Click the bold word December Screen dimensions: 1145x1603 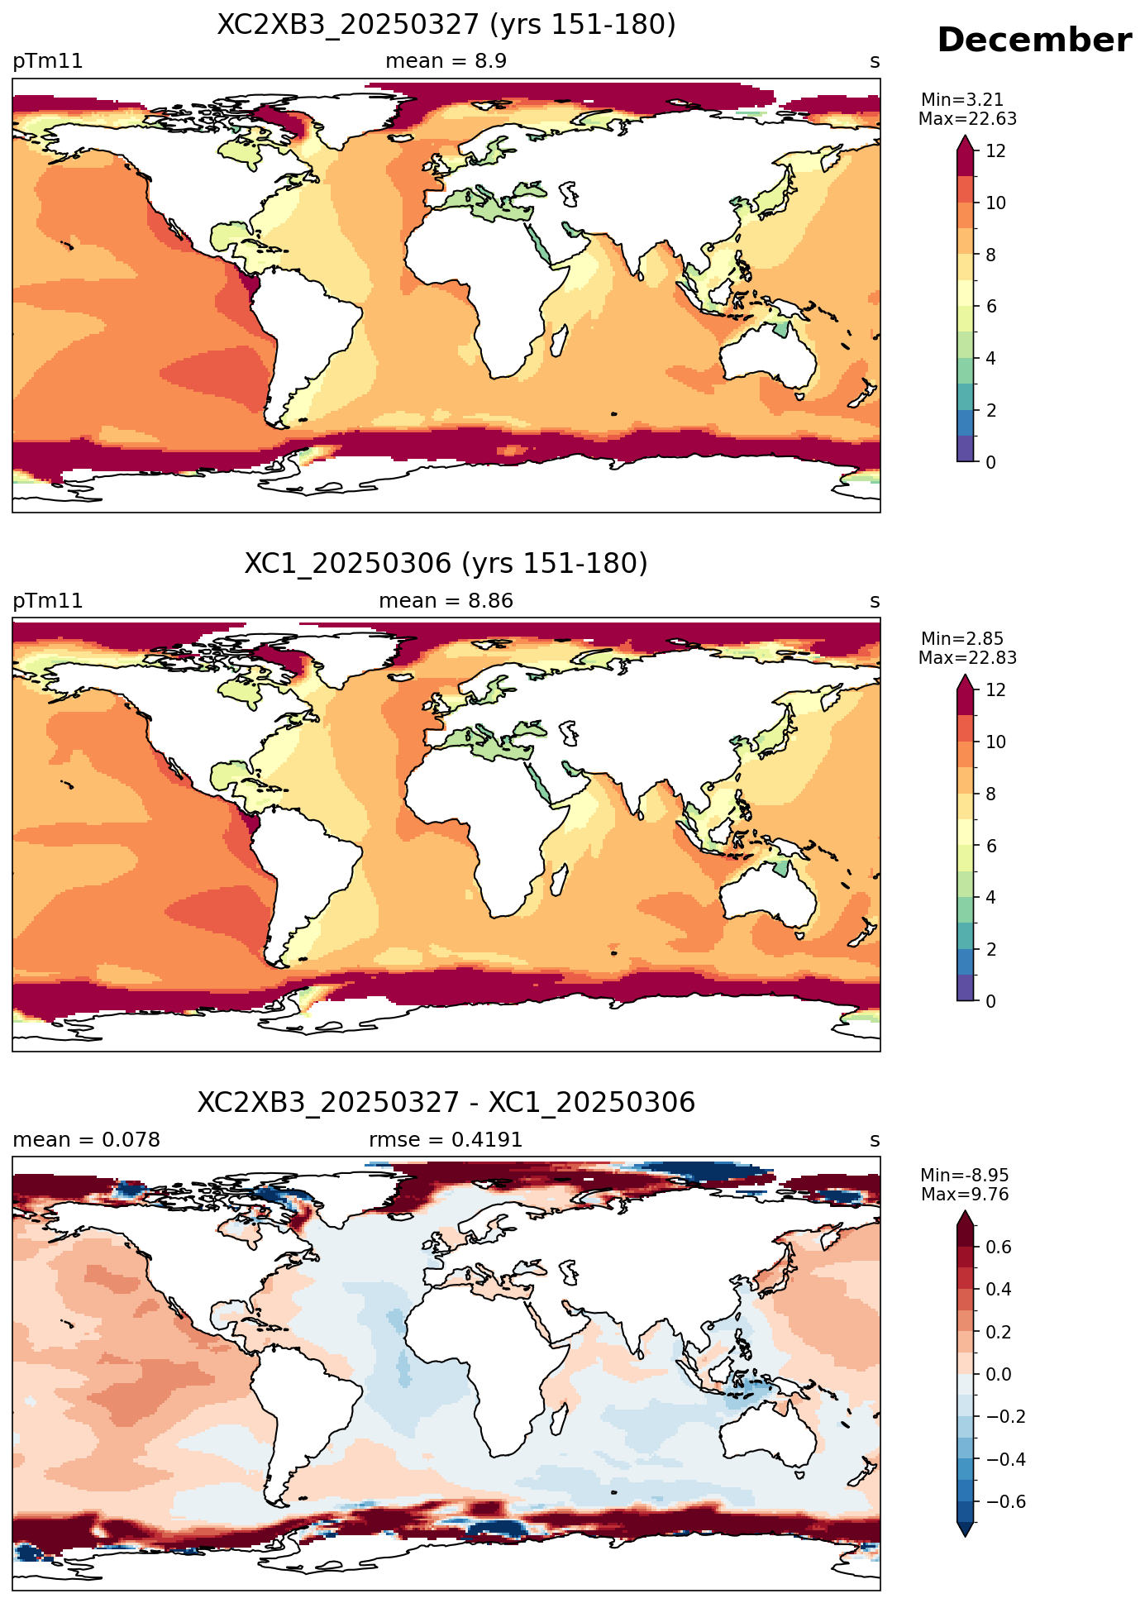click(1034, 41)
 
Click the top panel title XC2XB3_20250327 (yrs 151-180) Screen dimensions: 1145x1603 click(446, 25)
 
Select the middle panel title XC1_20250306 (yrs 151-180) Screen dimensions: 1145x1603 click(446, 564)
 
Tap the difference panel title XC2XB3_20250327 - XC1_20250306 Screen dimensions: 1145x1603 click(446, 1103)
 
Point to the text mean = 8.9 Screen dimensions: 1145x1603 click(446, 61)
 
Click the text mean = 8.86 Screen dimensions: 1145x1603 click(446, 601)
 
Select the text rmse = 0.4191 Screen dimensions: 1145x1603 click(446, 1140)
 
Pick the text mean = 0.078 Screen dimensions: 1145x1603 click(87, 1140)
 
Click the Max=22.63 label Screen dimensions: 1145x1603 click(967, 119)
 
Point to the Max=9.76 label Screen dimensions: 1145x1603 click(965, 1195)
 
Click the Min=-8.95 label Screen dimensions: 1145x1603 click(965, 1176)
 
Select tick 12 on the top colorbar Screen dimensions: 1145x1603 click(996, 151)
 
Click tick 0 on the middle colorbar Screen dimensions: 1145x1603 click(991, 1001)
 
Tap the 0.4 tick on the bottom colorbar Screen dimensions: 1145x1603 click(999, 1290)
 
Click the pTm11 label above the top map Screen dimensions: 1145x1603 click(48, 62)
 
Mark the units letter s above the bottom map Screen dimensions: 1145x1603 click(875, 1141)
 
